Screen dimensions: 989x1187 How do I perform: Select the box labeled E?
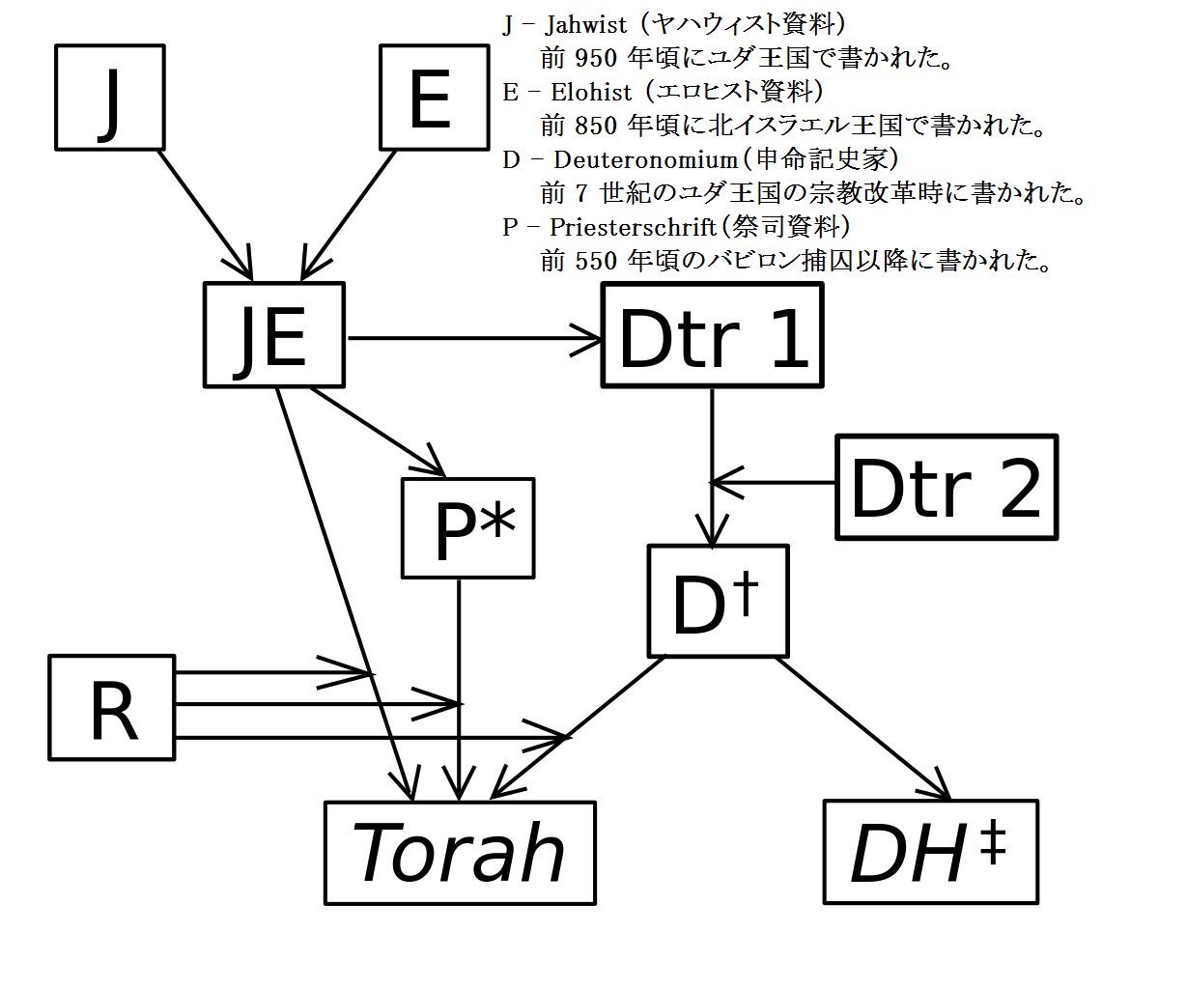[431, 97]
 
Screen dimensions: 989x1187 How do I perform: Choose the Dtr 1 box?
[712, 336]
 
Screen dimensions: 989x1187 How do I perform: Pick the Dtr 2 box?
[946, 487]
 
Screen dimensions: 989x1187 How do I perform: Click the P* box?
[468, 528]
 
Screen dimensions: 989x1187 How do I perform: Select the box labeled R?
[112, 707]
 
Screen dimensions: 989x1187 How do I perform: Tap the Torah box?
[460, 852]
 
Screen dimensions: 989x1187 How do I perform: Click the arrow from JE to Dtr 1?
[473, 338]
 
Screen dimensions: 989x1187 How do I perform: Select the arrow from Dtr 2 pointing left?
[773, 482]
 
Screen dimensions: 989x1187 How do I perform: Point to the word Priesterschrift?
[633, 227]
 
